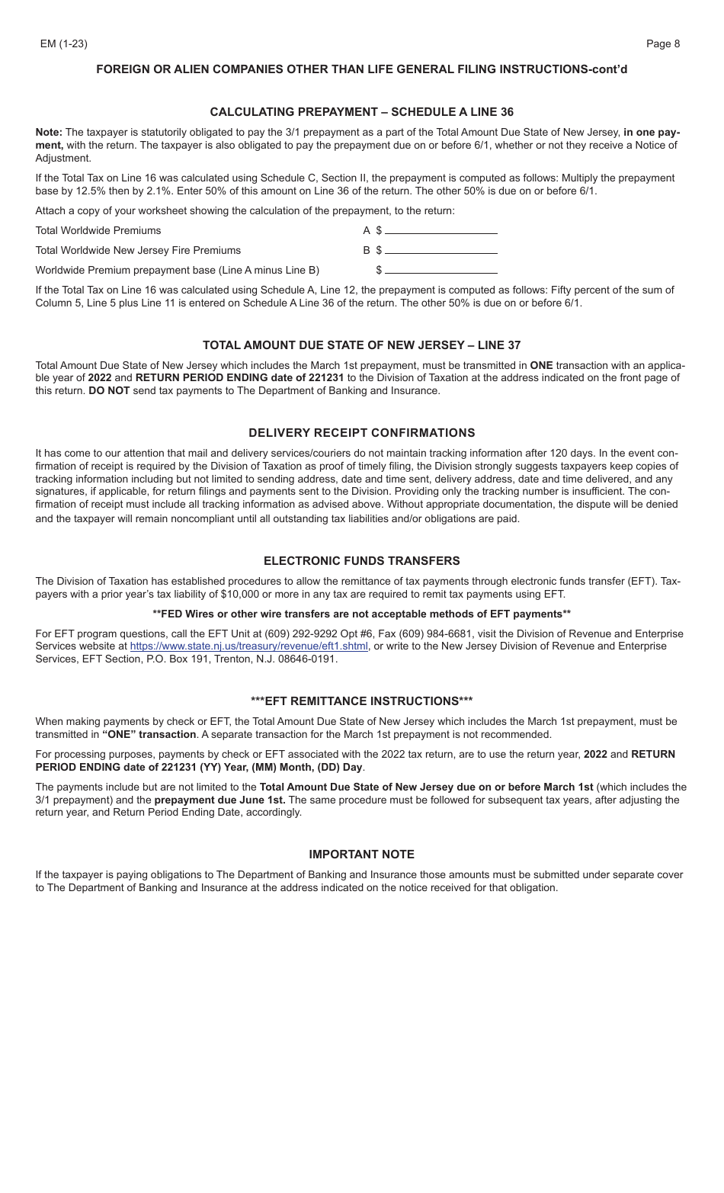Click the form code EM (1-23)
(x=63, y=43)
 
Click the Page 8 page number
(x=662, y=43)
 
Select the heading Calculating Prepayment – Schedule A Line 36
(x=361, y=112)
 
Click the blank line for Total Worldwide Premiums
(x=440, y=230)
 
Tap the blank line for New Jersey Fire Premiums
(x=440, y=250)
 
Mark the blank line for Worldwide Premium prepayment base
(x=440, y=270)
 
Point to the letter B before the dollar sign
(x=367, y=250)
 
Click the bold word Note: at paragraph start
(x=49, y=132)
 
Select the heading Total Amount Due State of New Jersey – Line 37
(x=361, y=345)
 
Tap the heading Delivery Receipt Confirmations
(x=361, y=433)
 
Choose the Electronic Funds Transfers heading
(x=361, y=561)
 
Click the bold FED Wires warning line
(x=361, y=614)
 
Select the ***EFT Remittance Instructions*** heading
(x=361, y=701)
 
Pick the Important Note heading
(x=361, y=855)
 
